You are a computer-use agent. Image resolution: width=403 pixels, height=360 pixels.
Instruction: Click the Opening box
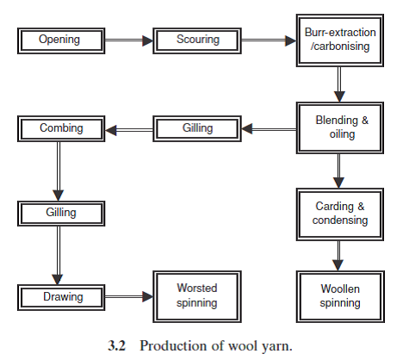tap(59, 39)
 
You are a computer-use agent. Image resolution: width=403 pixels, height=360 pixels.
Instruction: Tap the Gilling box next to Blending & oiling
tap(197, 128)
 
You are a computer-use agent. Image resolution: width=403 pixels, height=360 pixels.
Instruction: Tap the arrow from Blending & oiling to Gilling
tap(267, 129)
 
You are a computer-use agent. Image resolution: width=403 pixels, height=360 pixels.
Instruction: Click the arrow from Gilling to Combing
tap(129, 129)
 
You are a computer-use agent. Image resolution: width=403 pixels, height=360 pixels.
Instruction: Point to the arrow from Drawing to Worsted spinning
tap(127, 297)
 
